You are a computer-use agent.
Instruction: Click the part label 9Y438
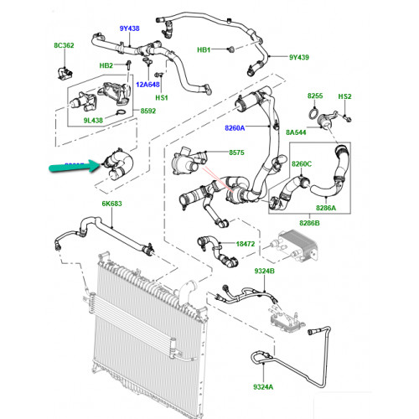(x=129, y=28)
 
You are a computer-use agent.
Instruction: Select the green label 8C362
(x=64, y=45)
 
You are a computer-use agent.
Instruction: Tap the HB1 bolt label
(x=204, y=49)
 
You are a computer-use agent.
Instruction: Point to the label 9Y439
(x=299, y=57)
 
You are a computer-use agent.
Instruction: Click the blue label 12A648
(x=147, y=85)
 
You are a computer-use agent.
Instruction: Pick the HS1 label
(x=162, y=98)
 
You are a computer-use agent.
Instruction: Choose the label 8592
(x=148, y=111)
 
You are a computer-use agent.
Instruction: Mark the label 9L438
(x=93, y=121)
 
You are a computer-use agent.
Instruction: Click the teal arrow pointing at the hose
(x=75, y=167)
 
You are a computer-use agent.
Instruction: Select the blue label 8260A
(x=235, y=128)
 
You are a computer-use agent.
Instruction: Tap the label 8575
(x=236, y=153)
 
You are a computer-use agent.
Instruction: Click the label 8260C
(x=302, y=163)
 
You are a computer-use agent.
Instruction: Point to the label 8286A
(x=326, y=208)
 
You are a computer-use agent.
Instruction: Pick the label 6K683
(x=111, y=204)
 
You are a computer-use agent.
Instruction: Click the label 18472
(x=246, y=244)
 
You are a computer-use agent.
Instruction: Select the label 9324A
(x=263, y=387)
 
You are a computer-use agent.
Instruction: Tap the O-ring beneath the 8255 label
(x=314, y=114)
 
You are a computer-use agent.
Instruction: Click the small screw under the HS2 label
(x=348, y=119)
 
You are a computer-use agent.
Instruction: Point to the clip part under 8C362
(x=65, y=73)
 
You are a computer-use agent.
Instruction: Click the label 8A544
(x=296, y=132)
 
